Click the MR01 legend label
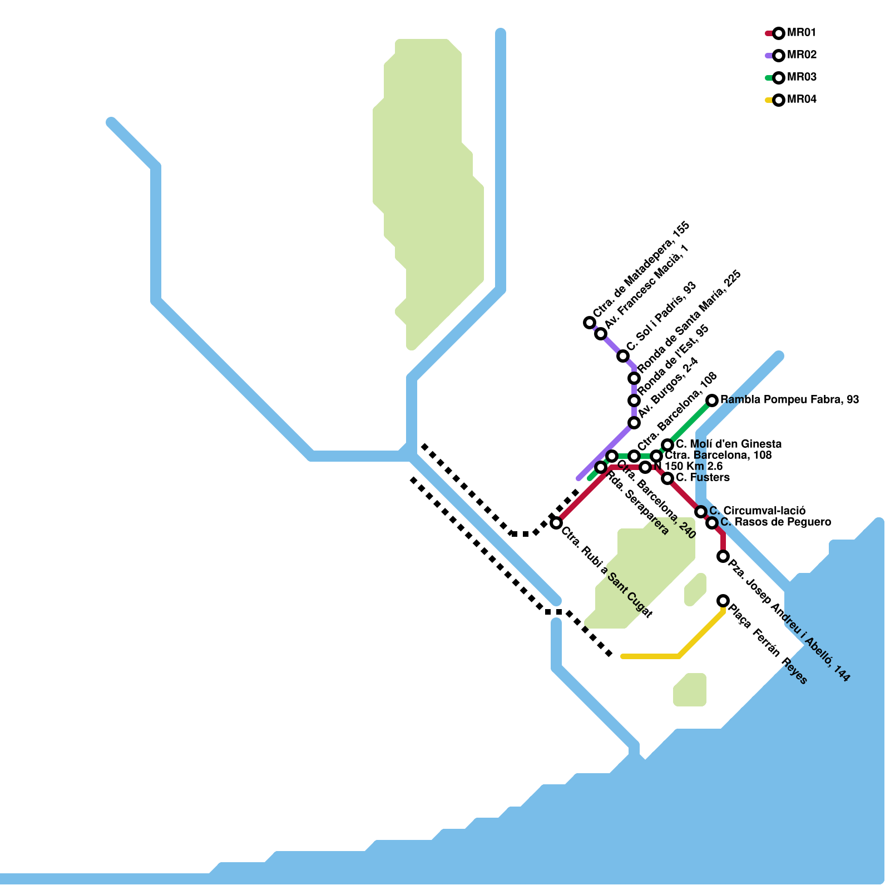point(802,33)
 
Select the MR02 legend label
point(802,55)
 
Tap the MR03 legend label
point(802,77)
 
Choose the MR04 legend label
point(802,100)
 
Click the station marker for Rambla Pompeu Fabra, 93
point(712,400)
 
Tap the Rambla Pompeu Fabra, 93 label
point(789,400)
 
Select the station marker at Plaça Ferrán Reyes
point(723,601)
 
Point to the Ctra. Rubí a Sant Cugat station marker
point(556,523)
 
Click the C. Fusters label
point(703,478)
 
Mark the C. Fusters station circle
point(667,478)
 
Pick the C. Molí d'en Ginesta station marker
point(667,445)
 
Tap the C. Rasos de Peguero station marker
point(712,523)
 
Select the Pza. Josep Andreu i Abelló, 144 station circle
point(723,556)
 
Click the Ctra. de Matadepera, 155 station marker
point(590,323)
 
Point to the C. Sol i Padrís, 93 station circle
point(623,356)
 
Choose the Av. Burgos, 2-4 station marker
point(634,423)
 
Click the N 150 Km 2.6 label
point(688,467)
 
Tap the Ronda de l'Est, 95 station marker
point(634,400)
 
